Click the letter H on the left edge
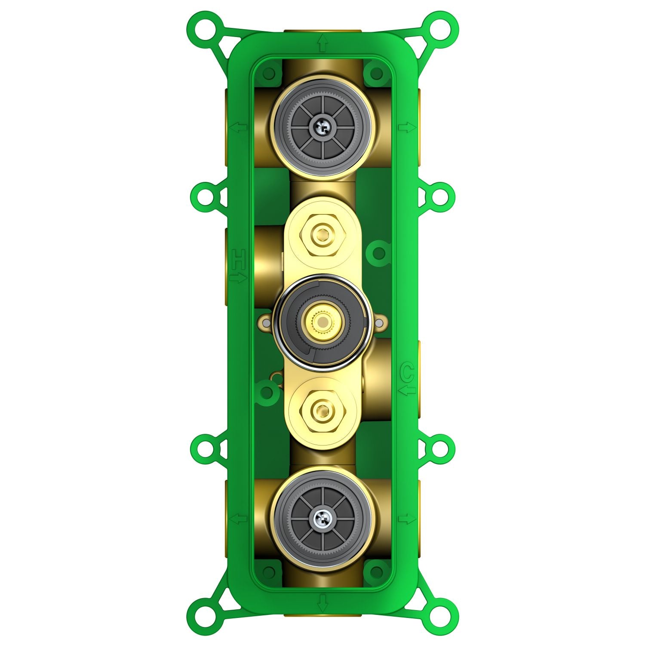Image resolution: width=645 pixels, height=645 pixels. [239, 259]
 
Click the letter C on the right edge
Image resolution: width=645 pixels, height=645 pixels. [407, 372]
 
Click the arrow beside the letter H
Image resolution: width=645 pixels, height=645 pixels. [239, 278]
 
